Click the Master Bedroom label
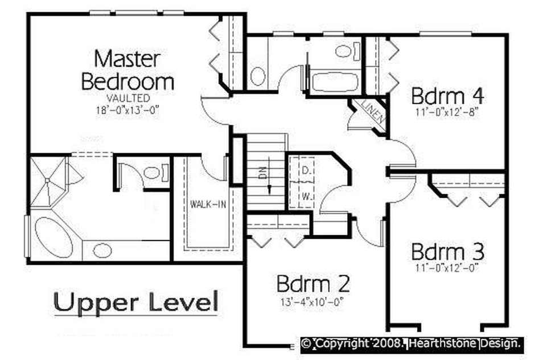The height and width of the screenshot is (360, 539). [x=127, y=70]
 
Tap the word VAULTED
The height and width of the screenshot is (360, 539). [x=128, y=99]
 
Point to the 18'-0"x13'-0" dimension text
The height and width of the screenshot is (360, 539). [x=128, y=110]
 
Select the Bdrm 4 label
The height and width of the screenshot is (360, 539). [x=447, y=96]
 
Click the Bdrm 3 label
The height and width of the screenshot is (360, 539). [x=447, y=252]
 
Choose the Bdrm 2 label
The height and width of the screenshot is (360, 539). [x=313, y=284]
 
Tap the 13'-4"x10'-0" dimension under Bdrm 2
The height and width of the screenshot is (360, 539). [x=312, y=302]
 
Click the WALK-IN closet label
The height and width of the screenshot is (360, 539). [x=208, y=204]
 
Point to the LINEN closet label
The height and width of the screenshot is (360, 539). [x=373, y=111]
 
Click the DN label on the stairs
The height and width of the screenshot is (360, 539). [x=263, y=171]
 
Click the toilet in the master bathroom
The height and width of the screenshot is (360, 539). [x=156, y=173]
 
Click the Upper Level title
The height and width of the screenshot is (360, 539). [x=136, y=302]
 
